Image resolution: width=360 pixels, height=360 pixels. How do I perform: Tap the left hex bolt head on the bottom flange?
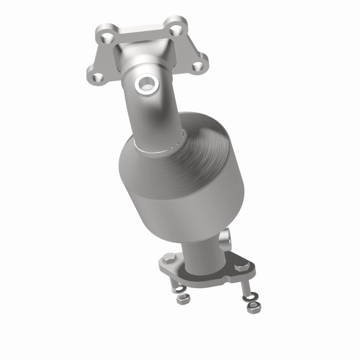coord(169,260)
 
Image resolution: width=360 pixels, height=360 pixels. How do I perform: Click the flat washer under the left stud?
coord(179,289)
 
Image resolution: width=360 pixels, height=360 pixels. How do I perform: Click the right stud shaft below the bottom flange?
coord(246,287)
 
